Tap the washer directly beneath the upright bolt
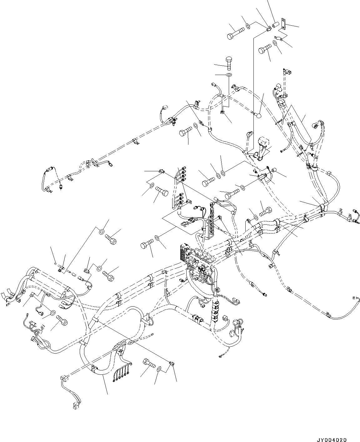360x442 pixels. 229,75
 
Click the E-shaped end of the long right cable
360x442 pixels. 355,299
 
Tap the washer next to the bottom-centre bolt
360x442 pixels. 159,369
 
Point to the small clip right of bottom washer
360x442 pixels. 171,364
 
